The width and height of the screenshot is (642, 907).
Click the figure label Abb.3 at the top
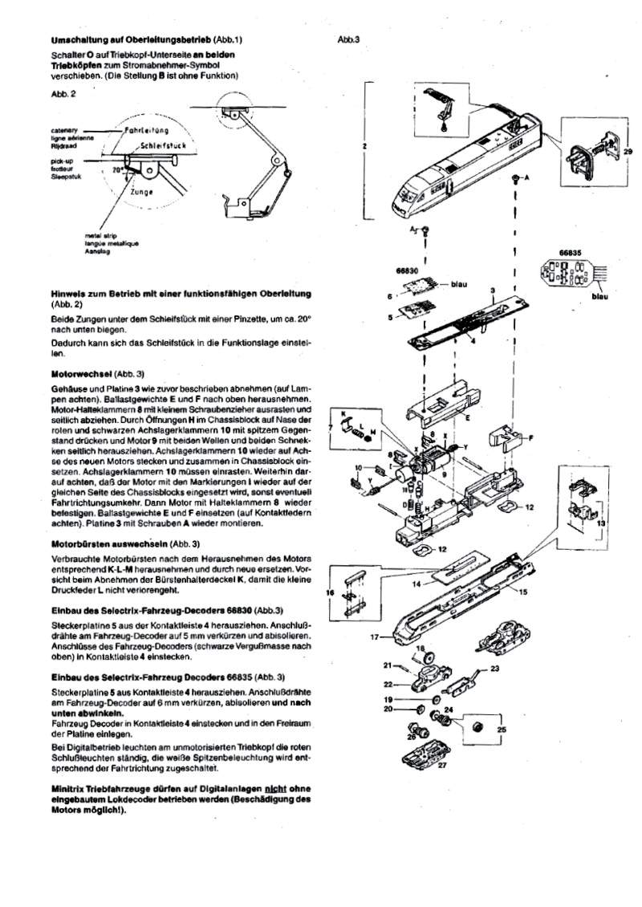click(x=348, y=39)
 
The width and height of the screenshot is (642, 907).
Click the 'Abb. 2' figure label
click(x=61, y=93)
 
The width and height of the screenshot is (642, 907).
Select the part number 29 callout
click(x=627, y=150)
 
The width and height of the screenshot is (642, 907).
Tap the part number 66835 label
click(x=570, y=252)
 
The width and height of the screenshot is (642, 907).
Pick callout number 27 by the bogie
click(x=442, y=765)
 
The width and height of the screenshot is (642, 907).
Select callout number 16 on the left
click(x=329, y=592)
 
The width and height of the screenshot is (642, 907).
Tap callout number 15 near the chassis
click(x=522, y=592)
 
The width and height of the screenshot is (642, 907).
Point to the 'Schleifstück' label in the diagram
click(x=163, y=147)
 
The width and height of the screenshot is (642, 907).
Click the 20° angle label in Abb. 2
click(x=118, y=170)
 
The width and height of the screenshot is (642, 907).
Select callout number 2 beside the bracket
click(x=364, y=147)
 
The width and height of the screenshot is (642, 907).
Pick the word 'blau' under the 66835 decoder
click(x=622, y=296)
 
